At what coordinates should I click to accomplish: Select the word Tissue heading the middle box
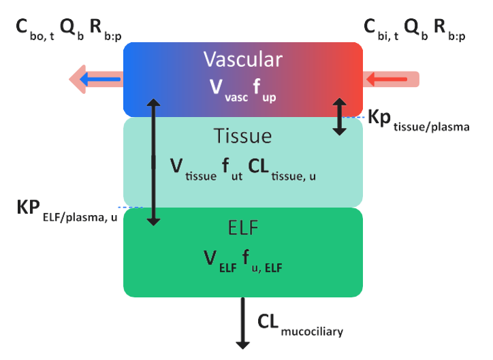tap(242, 136)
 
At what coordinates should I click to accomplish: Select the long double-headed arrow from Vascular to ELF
tap(155, 161)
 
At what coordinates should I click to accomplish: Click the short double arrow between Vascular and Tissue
tap(338, 116)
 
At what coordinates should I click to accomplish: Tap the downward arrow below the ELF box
tap(242, 323)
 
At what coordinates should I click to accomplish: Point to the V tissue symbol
tap(194, 167)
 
